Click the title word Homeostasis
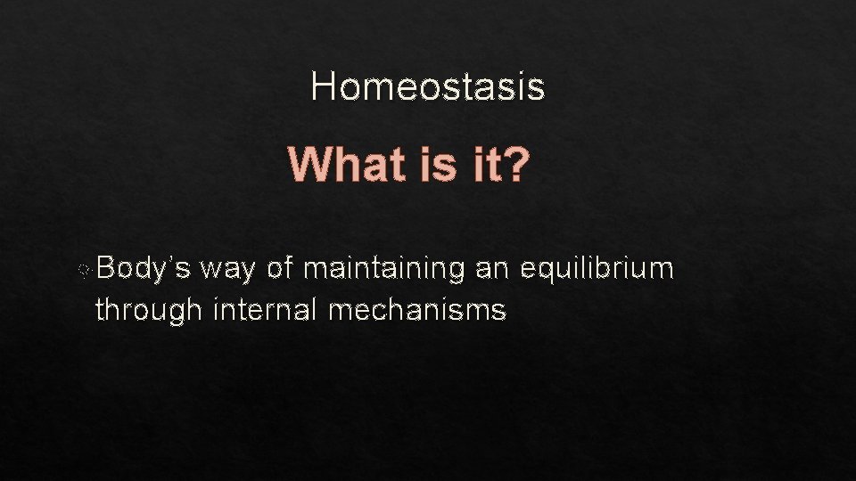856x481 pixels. pos(428,86)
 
